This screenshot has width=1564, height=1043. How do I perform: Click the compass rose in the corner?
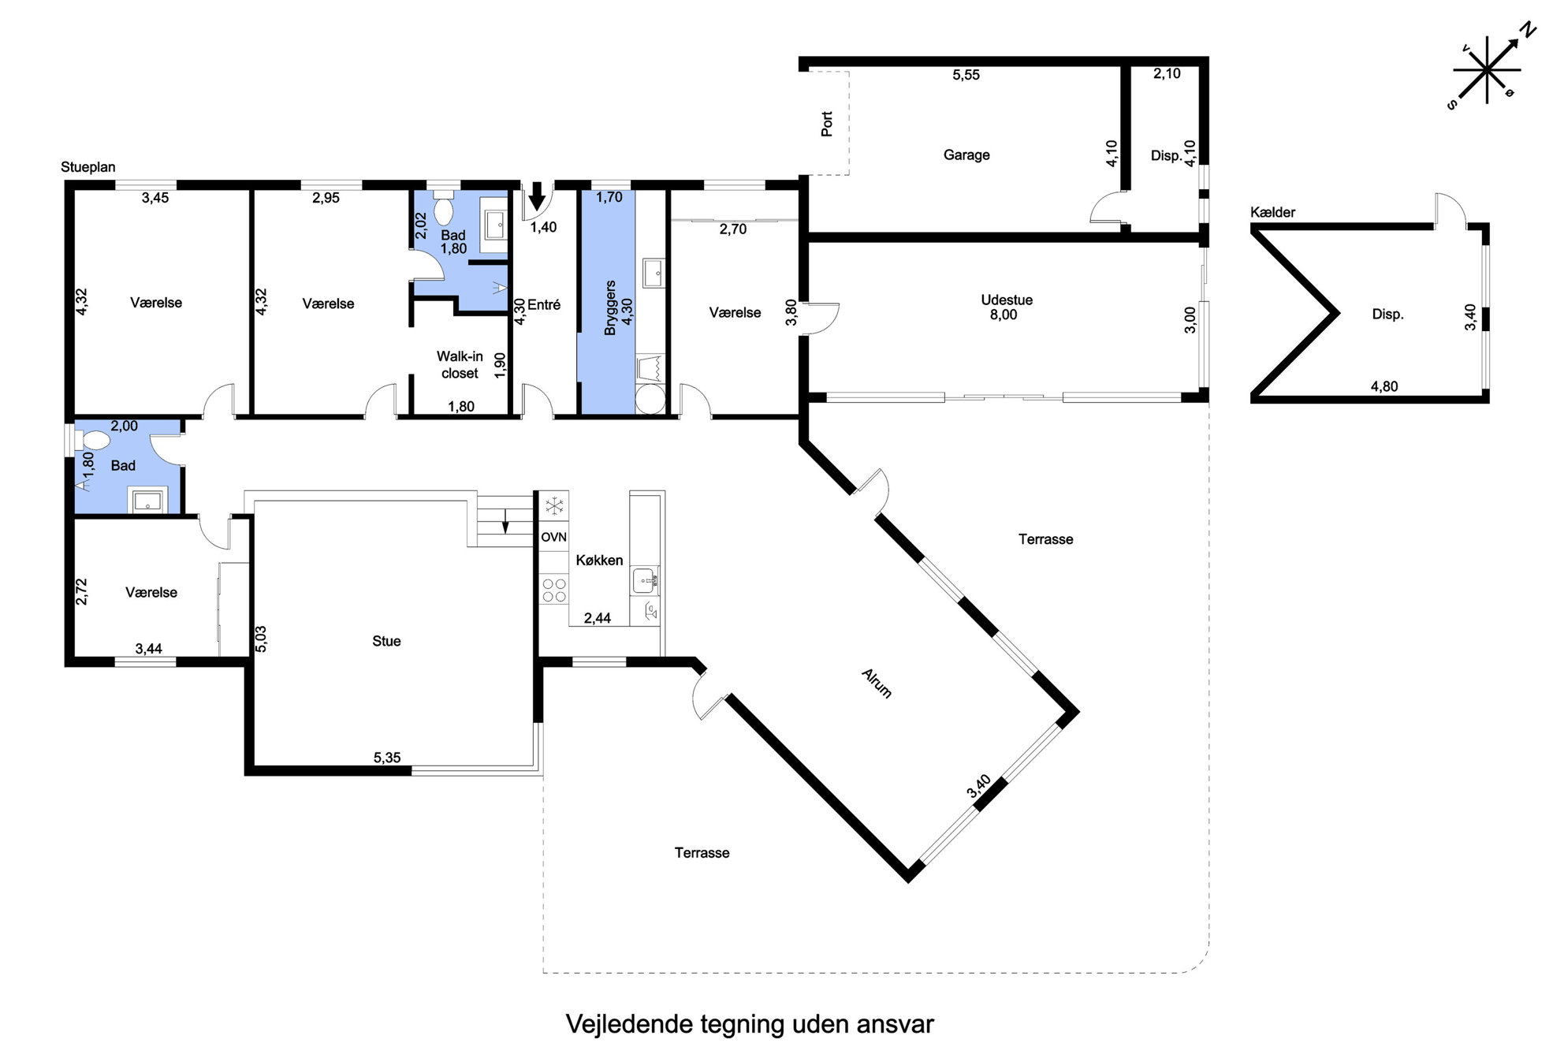pos(1487,69)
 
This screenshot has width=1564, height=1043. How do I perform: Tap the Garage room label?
pos(966,155)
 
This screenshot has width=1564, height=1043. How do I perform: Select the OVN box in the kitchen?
pos(553,537)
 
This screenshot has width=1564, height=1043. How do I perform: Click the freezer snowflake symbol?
pos(554,505)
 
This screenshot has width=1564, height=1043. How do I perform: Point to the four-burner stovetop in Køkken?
pos(554,590)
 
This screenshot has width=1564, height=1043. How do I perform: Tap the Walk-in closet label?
pos(460,365)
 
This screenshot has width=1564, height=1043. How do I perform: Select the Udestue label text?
pos(1007,300)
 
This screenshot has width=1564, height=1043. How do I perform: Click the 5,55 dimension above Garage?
pos(966,75)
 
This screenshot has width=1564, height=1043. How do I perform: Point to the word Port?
pos(827,124)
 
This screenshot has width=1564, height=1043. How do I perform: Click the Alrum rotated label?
pos(877,684)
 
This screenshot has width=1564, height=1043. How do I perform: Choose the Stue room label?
pos(386,641)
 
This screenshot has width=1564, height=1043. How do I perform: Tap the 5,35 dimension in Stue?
pos(387,758)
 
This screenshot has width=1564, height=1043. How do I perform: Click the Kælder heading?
pos(1272,212)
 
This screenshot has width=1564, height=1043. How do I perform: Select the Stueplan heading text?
pos(88,167)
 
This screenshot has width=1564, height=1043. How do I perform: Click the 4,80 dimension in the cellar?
pos(1384,386)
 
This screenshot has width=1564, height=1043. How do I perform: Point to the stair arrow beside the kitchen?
pos(506,521)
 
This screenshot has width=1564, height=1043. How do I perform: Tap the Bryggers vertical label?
pos(610,307)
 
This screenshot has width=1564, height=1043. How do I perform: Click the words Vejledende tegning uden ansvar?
pos(750,1024)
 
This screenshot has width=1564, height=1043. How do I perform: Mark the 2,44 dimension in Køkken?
pos(598,618)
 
